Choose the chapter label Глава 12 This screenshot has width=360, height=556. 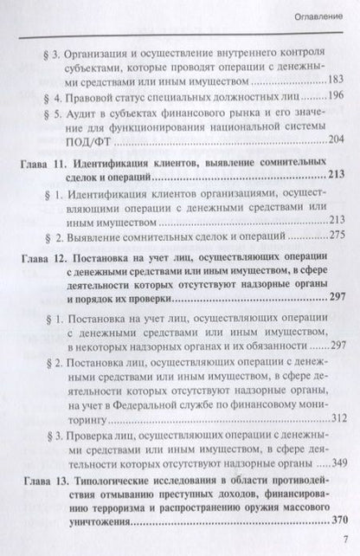tap(55, 258)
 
